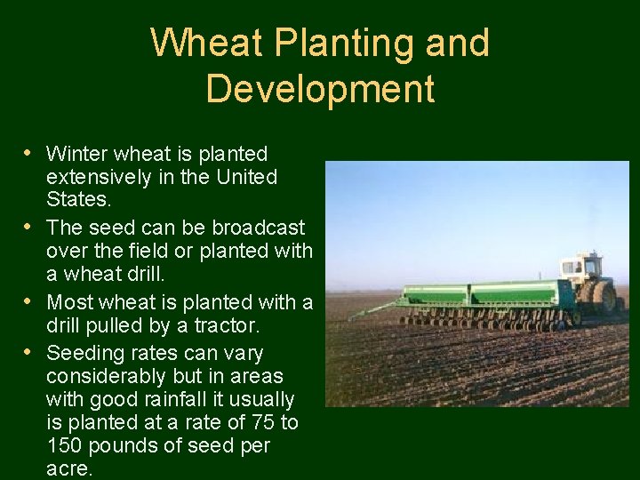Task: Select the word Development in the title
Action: click(320, 89)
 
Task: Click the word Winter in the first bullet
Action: click(76, 154)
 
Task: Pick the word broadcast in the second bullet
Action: click(258, 228)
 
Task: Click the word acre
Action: click(68, 468)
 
